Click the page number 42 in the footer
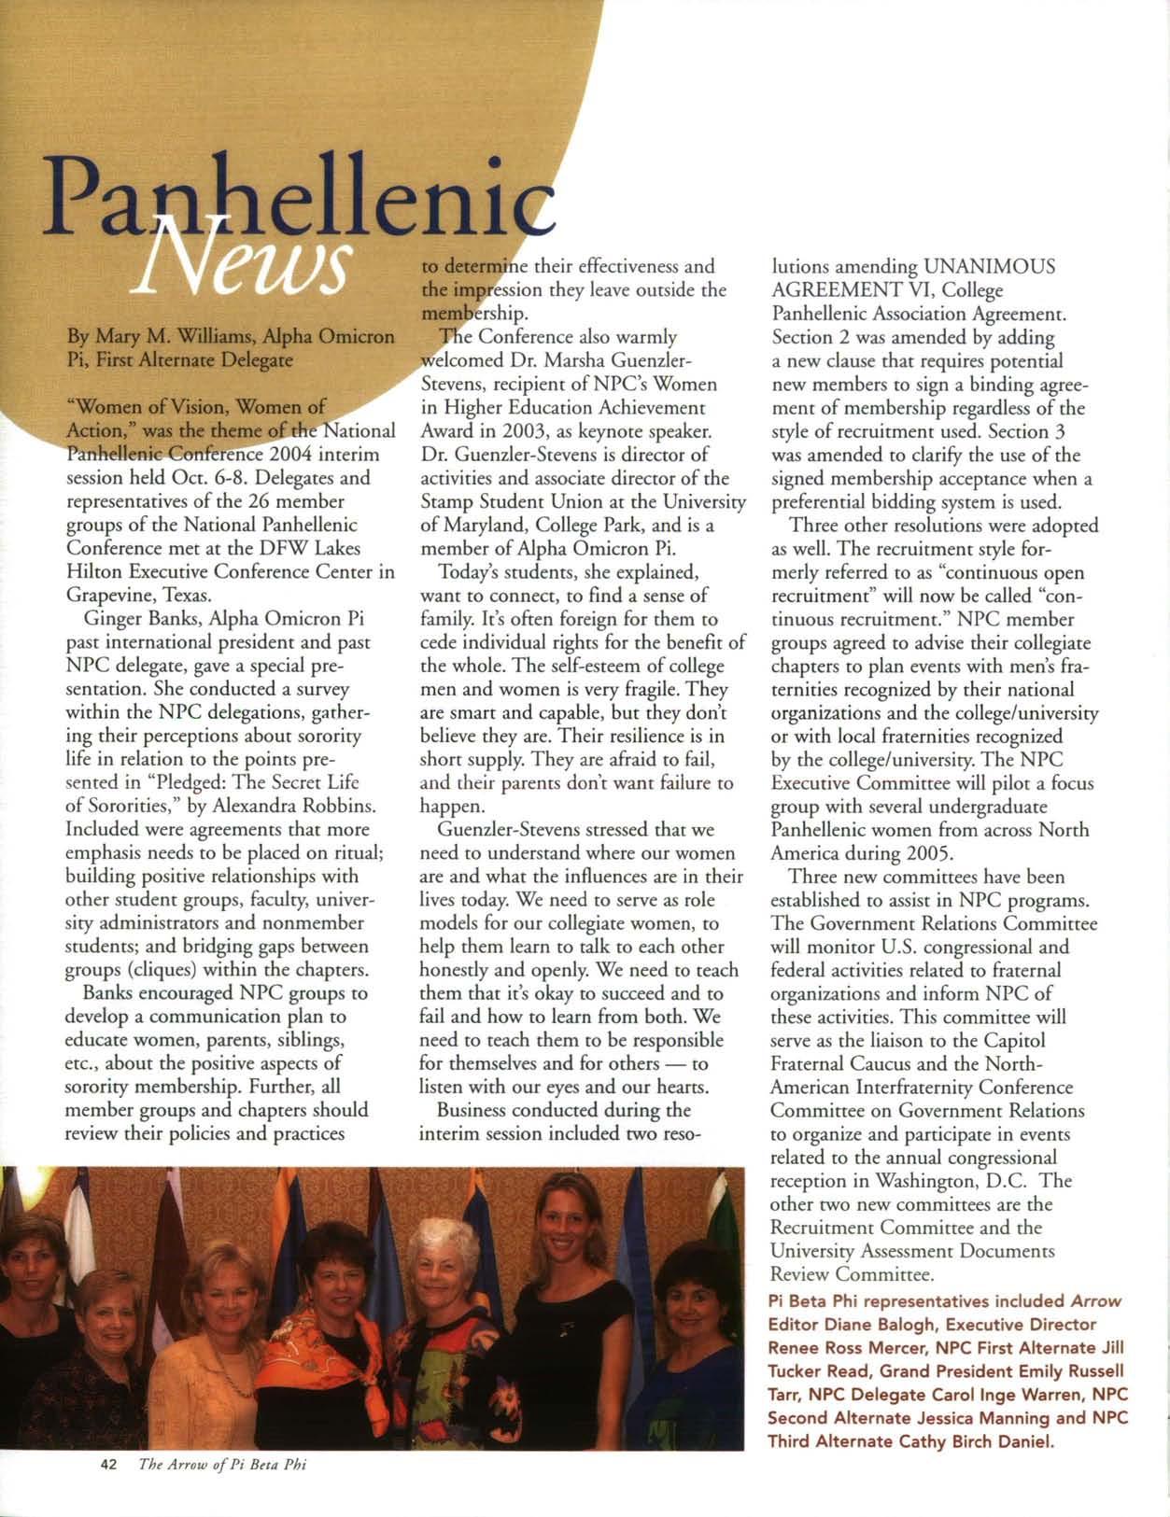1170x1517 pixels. [107, 1465]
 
